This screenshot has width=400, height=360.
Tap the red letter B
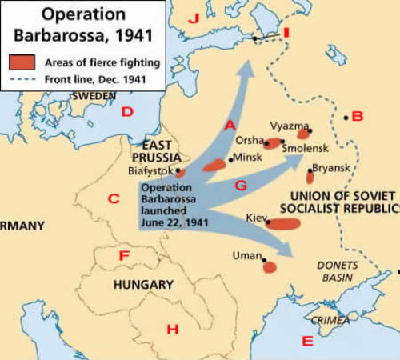click(x=358, y=117)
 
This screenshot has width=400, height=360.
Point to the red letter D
click(x=126, y=112)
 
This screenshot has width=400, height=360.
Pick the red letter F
click(x=124, y=257)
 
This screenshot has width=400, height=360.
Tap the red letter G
click(x=240, y=185)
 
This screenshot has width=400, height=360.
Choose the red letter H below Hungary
click(x=172, y=329)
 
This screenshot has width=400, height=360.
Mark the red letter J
click(x=192, y=18)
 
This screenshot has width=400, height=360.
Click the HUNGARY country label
click(x=143, y=285)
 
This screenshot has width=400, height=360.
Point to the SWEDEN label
click(x=95, y=95)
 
